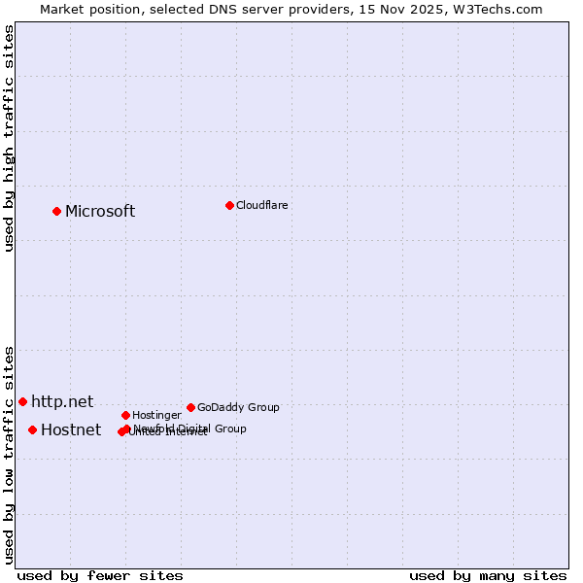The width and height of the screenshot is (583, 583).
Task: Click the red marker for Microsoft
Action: click(56, 211)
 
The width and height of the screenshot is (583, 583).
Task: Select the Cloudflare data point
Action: click(229, 205)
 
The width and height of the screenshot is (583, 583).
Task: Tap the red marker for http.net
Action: click(22, 401)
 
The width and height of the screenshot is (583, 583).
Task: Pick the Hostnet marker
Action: click(32, 429)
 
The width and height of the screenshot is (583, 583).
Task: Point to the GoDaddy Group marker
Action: click(190, 407)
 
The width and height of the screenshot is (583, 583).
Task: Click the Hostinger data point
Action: click(125, 415)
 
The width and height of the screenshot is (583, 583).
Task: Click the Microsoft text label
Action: click(100, 212)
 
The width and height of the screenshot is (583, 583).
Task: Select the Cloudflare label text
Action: click(262, 205)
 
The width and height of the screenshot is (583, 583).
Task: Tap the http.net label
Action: click(62, 401)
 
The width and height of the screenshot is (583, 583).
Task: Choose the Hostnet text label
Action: click(71, 430)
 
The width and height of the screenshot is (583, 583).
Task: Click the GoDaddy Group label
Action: click(238, 408)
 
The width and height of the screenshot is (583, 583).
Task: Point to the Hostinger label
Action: click(156, 416)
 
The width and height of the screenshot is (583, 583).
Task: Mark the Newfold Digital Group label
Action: click(190, 429)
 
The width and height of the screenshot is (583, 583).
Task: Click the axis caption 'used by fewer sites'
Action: click(100, 576)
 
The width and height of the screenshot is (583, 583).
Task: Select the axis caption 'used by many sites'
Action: click(488, 576)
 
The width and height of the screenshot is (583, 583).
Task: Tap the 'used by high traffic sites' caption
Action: click(10, 138)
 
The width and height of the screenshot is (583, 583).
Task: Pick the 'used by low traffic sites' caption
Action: click(10, 455)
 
